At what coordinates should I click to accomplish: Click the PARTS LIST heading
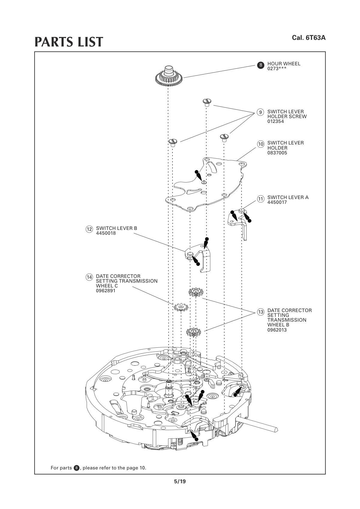tap(69, 42)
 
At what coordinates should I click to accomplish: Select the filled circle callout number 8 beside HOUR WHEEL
tap(260, 65)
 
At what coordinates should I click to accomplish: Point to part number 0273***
tap(277, 69)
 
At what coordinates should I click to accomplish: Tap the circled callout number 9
tap(260, 112)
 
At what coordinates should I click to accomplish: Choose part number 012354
tap(275, 122)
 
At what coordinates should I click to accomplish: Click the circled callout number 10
tap(260, 144)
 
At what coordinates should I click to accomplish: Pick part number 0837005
tap(277, 153)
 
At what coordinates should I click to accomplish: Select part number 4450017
tap(277, 202)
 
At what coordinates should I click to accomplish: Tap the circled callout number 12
tap(89, 229)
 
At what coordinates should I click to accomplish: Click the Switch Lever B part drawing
tap(199, 256)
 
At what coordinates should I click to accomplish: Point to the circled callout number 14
tap(89, 277)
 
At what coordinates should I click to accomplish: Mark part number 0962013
tap(277, 330)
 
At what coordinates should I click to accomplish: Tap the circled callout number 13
tap(260, 312)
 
